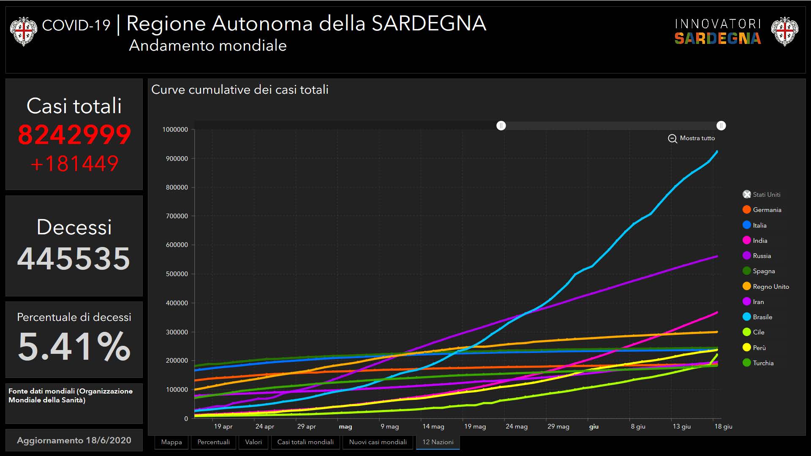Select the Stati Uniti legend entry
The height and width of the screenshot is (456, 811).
(766, 195)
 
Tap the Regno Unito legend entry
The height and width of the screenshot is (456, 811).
(770, 287)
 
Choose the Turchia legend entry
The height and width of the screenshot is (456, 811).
(763, 363)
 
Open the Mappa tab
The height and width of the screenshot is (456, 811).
(171, 442)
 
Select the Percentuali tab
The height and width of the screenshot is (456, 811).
(214, 442)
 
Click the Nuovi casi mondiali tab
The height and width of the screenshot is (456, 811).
(378, 442)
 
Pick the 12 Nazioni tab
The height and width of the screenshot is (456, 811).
(438, 442)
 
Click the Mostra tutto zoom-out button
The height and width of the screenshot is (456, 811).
(691, 138)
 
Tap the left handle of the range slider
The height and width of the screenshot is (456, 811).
(501, 126)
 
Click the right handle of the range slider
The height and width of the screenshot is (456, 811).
(721, 126)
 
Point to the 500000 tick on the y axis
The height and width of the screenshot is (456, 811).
(175, 274)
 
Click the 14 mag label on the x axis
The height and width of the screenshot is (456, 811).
(433, 426)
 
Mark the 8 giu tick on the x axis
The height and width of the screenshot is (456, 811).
(638, 426)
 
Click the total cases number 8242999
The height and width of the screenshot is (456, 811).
(74, 135)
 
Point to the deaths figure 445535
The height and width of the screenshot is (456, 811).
(74, 258)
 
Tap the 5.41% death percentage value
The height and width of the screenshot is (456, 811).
(74, 346)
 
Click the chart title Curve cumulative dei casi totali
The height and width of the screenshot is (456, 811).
(239, 90)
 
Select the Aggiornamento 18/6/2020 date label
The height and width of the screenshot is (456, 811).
(74, 440)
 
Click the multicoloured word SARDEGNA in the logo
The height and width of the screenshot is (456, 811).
(717, 38)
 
